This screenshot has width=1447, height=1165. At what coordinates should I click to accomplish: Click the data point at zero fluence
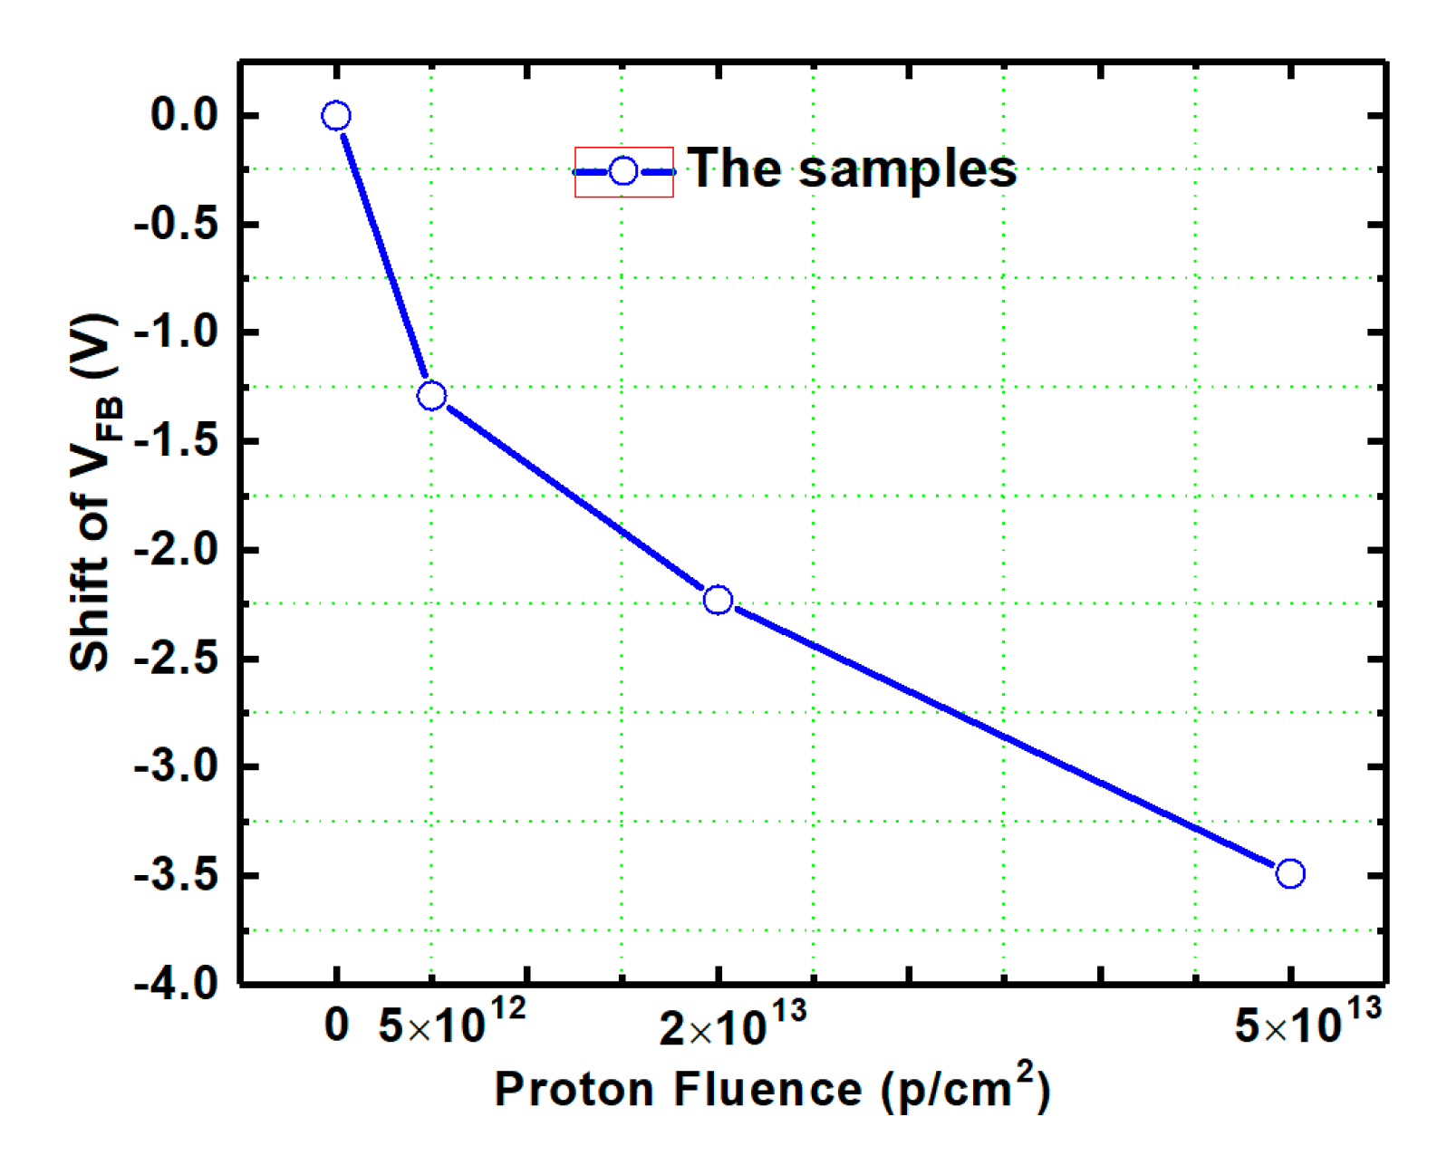coord(335,116)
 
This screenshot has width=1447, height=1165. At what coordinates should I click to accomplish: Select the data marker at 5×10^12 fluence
coord(431,396)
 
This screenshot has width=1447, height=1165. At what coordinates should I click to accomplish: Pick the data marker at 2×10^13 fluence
coord(718,600)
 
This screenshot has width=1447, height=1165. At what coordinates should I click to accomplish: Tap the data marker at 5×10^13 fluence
coord(1290,874)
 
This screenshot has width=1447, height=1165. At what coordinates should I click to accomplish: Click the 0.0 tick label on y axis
coord(184,116)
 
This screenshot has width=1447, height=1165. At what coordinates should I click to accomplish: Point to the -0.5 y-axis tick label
coord(177,225)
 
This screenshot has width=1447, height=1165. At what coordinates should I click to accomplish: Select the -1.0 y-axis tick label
coord(177,333)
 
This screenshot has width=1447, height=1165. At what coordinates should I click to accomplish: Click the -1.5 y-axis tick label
coord(177,442)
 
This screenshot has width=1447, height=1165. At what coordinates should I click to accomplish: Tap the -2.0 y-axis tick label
coord(177,551)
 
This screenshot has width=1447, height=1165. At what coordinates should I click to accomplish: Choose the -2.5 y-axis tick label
coord(177,660)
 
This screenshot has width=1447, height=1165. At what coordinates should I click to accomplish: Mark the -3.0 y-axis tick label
coord(177,768)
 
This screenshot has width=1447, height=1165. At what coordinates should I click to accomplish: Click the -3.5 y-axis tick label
coord(177,876)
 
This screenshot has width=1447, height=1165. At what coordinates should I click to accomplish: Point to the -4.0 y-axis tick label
coord(177,984)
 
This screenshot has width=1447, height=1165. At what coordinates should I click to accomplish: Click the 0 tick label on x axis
coord(336,1026)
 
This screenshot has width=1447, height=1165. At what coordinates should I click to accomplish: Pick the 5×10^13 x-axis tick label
coord(1307,1023)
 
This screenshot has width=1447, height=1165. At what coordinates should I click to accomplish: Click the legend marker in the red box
coord(623,171)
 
